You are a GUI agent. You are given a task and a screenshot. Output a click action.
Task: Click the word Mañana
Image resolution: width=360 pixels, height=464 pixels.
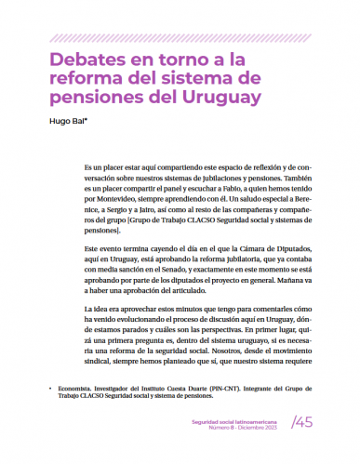click(299, 286)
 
